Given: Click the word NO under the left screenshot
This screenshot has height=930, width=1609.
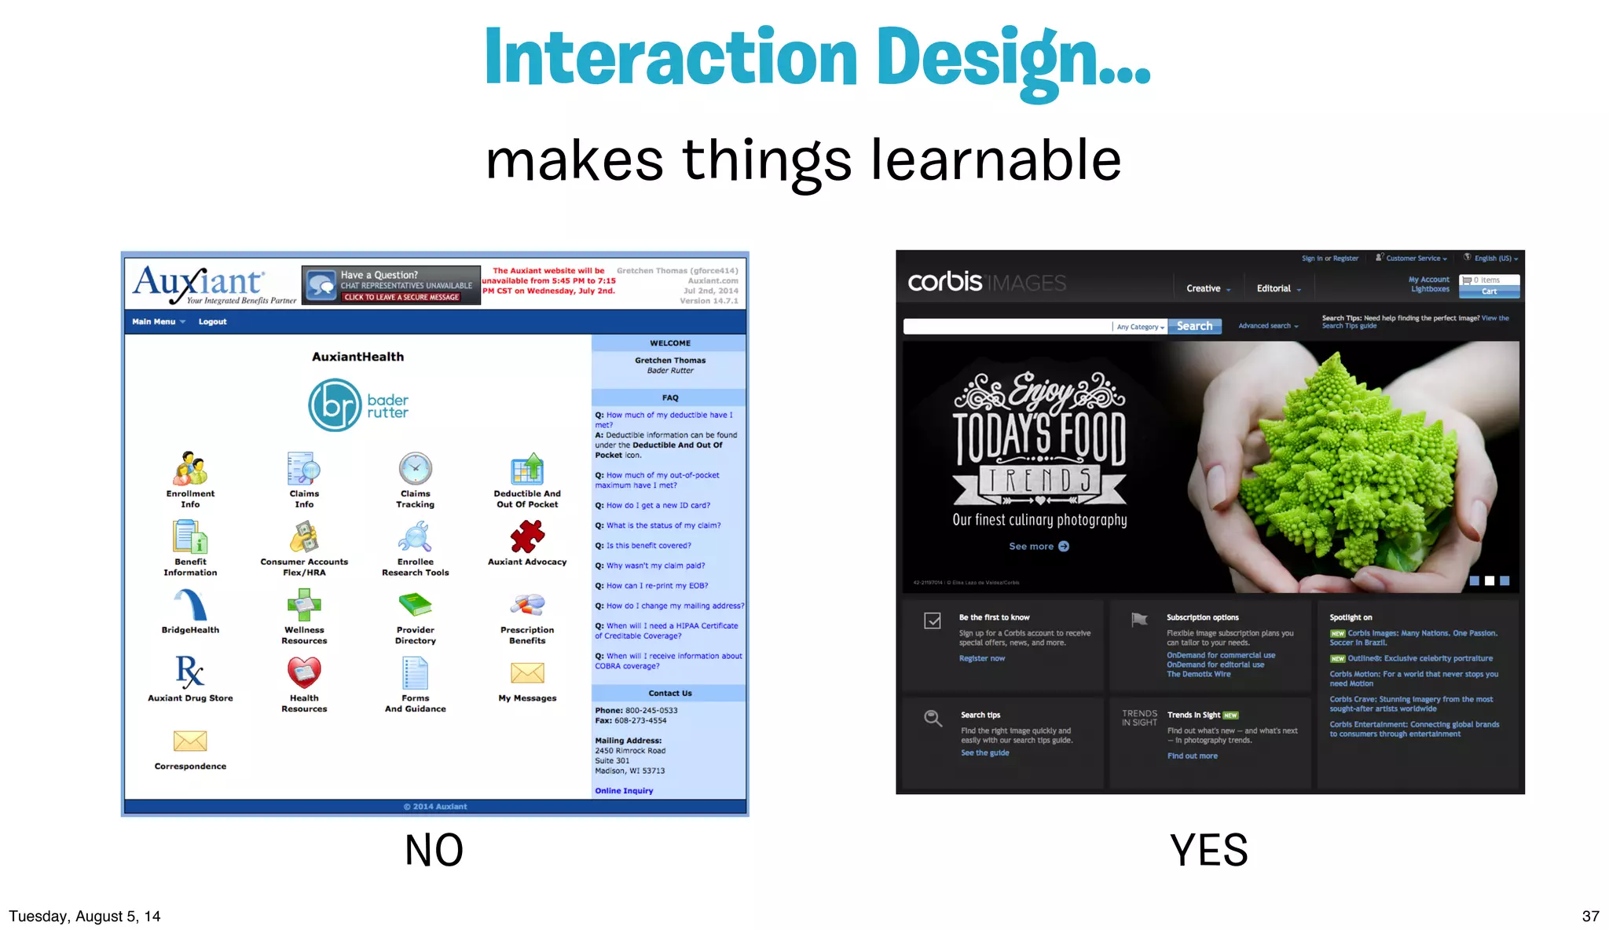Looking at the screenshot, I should [434, 850].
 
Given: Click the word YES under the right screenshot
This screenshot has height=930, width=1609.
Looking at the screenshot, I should [1208, 850].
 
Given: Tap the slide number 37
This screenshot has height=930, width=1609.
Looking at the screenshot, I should [1590, 916].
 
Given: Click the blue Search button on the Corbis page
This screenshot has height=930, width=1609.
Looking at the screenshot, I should [1194, 326].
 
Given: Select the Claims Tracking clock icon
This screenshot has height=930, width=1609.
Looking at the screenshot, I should [415, 469].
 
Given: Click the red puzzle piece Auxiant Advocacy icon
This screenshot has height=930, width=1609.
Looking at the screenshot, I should [526, 537].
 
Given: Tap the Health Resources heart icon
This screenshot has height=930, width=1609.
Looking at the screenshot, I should [304, 672].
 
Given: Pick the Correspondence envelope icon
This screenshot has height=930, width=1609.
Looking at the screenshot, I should [190, 741].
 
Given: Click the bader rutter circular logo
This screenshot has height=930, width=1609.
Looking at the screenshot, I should [335, 405].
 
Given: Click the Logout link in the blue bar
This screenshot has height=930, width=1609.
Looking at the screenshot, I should [212, 321].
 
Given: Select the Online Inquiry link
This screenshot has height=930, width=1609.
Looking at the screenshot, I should [624, 791].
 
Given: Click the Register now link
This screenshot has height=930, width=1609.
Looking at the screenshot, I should [981, 658].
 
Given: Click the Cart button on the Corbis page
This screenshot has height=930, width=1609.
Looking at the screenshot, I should [1489, 291].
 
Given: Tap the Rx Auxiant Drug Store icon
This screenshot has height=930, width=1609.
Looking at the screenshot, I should [190, 672].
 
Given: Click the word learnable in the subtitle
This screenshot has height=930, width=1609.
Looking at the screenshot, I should [995, 159].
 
